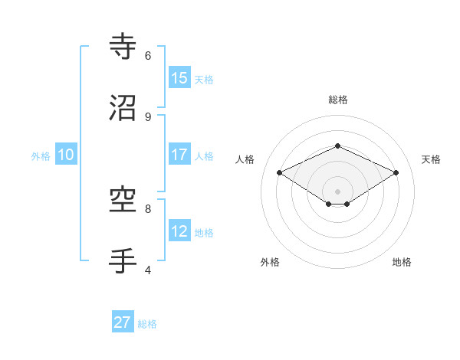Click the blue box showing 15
(179, 78)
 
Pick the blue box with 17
(179, 155)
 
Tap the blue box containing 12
(179, 231)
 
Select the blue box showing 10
(65, 155)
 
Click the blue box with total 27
(123, 322)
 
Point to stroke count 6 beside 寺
(148, 55)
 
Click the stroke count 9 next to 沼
(148, 116)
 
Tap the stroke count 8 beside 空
(148, 208)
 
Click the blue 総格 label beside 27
(147, 324)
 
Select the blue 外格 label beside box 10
(41, 156)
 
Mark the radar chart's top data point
(337, 146)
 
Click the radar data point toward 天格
(396, 173)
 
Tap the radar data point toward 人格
(280, 173)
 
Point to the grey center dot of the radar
(337, 191)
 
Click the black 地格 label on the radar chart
(402, 262)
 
